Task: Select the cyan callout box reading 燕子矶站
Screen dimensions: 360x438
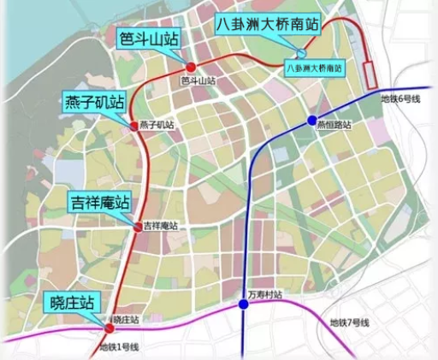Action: [x=94, y=103]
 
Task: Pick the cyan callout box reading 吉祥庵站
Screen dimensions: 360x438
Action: [x=98, y=203]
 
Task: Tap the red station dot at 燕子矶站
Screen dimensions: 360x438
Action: [x=133, y=126]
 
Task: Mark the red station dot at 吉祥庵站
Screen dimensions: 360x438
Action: [x=138, y=227]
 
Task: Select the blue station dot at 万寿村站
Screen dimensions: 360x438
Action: [x=244, y=304]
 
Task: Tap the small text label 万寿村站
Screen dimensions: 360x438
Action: [x=264, y=295]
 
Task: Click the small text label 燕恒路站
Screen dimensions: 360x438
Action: [x=334, y=125]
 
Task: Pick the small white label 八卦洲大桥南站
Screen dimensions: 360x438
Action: [x=314, y=66]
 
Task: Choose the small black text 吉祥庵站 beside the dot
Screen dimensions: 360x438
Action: [x=161, y=227]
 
